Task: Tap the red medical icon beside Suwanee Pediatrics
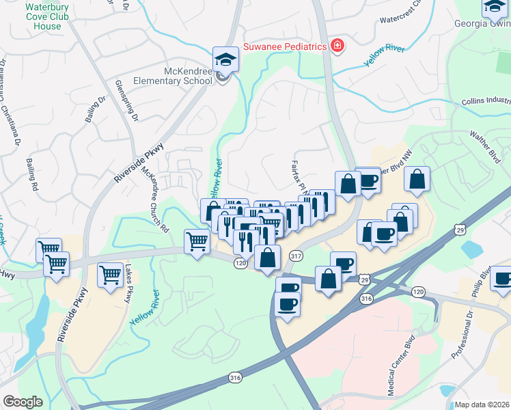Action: click(x=337, y=46)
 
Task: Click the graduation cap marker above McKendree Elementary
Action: click(x=225, y=59)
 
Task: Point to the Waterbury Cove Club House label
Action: click(x=43, y=17)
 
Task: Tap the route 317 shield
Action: click(x=296, y=256)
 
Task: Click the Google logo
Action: click(x=22, y=402)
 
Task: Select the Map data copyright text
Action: click(x=482, y=405)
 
